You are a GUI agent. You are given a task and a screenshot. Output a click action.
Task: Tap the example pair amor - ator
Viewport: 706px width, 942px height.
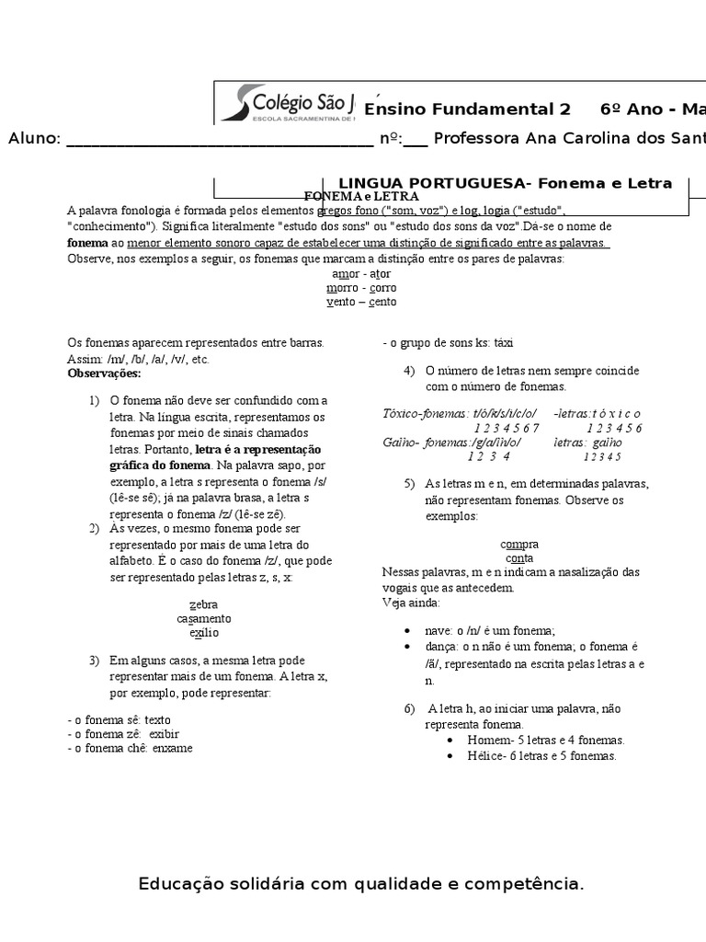point(361,273)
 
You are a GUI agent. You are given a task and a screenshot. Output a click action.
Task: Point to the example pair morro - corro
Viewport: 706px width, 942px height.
point(361,287)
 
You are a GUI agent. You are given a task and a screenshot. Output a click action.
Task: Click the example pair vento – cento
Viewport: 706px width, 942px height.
point(361,302)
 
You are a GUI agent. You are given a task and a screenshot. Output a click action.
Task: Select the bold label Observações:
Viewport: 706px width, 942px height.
point(105,373)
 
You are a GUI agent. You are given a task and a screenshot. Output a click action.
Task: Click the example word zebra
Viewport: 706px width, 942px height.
point(203,604)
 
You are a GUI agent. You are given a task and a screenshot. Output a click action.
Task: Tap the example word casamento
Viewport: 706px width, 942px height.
point(204,618)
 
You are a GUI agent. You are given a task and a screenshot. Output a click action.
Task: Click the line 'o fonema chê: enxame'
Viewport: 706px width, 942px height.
point(131,748)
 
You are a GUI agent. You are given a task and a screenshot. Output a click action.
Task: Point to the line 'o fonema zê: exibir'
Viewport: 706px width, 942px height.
point(124,733)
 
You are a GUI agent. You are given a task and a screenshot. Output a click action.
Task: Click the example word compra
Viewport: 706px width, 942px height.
point(519,544)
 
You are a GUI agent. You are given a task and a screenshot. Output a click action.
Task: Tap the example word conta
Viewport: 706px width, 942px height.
point(519,557)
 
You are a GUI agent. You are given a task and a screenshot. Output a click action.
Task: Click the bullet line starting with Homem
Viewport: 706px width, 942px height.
point(534,740)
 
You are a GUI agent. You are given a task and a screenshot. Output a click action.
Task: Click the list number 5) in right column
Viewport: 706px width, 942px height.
point(409,483)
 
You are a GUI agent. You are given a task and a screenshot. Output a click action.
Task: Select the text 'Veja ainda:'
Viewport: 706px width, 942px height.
point(411,603)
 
